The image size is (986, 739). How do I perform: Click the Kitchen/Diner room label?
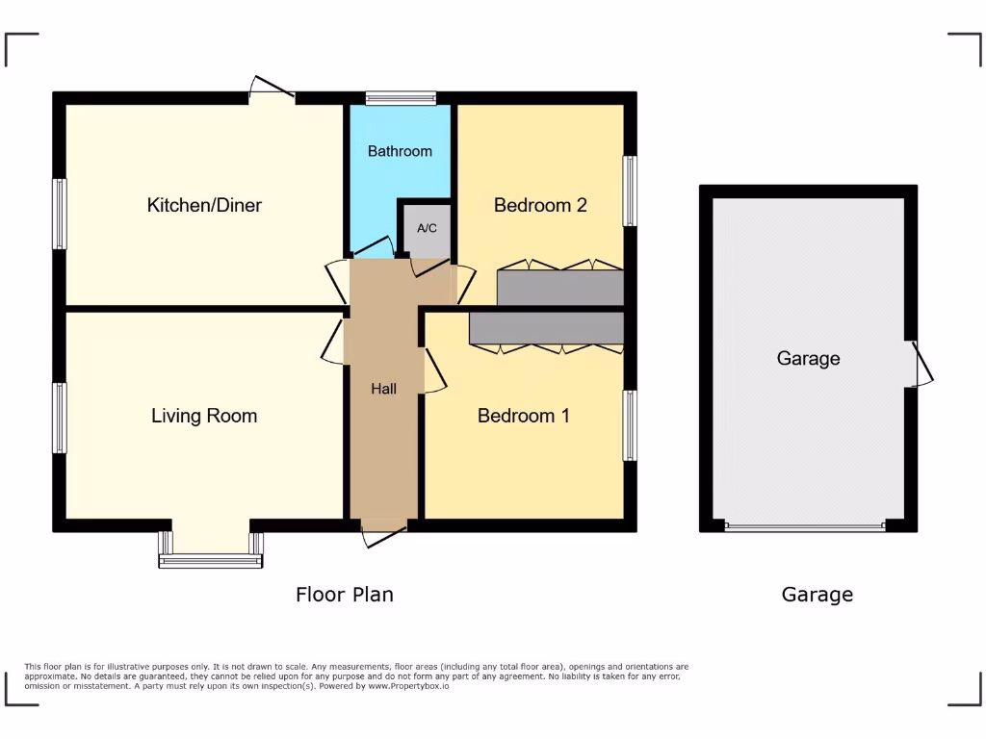204,205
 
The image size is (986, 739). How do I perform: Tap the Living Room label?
204,416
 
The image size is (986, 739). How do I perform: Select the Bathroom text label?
400,151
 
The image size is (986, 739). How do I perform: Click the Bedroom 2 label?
540,205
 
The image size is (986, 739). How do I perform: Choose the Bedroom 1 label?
524,416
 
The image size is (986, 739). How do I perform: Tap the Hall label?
384,389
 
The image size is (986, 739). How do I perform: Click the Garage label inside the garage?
808,359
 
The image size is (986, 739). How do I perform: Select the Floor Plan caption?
344,595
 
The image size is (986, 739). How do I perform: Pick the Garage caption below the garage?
817,595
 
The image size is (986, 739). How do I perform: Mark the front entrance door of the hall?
384,535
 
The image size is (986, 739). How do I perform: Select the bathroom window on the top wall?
401,96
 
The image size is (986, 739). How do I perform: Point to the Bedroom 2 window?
630,191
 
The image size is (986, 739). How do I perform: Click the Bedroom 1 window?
630,425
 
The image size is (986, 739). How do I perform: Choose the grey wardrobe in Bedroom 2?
560,288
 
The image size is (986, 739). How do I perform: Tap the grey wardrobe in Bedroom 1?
546,327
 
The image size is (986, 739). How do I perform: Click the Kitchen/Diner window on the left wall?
60,213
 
